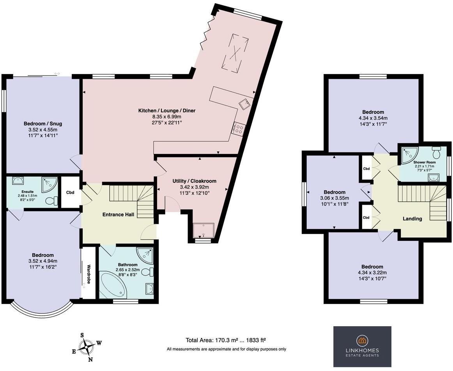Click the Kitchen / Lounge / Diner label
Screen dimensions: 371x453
(x=167, y=111)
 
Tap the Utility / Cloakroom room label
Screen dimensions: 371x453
(x=194, y=181)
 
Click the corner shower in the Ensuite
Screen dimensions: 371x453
(x=51, y=184)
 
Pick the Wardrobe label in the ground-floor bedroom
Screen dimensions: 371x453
(x=88, y=274)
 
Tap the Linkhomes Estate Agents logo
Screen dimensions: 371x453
(x=362, y=346)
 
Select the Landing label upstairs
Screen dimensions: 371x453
(x=412, y=219)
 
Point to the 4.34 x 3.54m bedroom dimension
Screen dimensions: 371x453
(x=373, y=118)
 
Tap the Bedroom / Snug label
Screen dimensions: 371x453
(x=42, y=124)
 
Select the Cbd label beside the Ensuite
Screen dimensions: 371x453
(x=70, y=192)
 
